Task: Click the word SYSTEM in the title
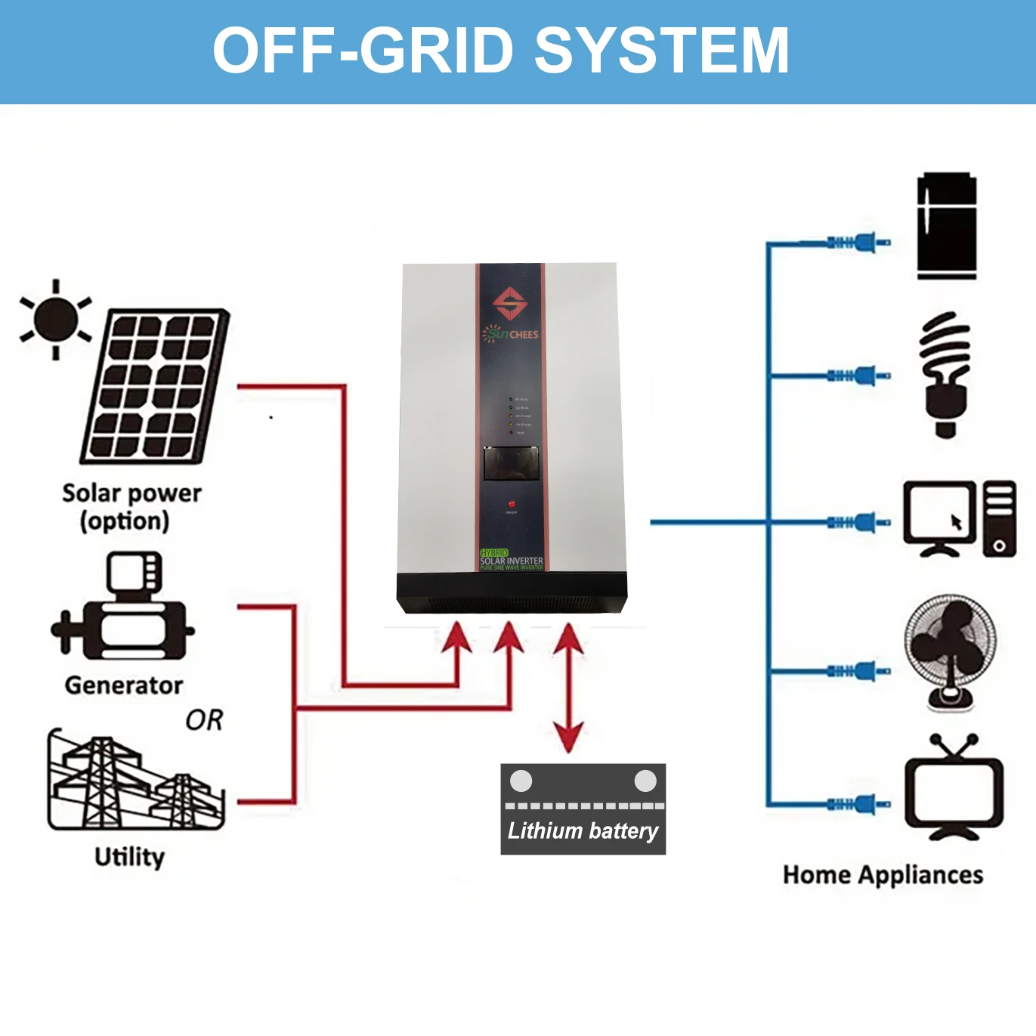[662, 51]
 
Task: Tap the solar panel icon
[155, 386]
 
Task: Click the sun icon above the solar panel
[55, 320]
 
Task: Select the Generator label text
[124, 685]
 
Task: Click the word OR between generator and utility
[204, 720]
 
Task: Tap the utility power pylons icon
[135, 781]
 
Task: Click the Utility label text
[129, 857]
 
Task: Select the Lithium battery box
[583, 809]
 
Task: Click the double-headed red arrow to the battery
[568, 688]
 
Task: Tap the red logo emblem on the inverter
[510, 303]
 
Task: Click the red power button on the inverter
[512, 504]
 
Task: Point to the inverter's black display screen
[511, 463]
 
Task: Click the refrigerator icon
[947, 226]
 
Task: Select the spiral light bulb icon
[945, 374]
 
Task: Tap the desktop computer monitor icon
[940, 518]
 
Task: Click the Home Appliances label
[883, 875]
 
